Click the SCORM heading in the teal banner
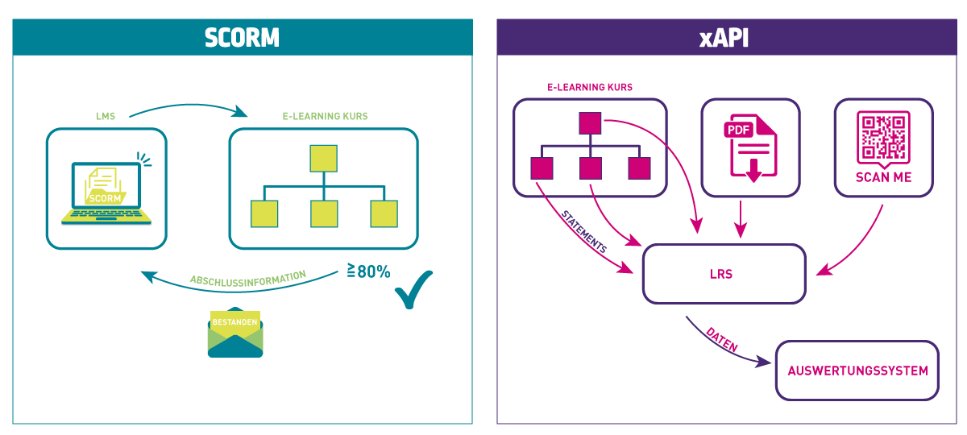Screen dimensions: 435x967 click(242, 37)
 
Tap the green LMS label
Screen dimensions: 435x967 click(106, 116)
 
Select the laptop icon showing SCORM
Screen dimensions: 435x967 click(106, 192)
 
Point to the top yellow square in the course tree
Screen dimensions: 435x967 click(323, 157)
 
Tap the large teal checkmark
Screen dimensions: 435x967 click(414, 289)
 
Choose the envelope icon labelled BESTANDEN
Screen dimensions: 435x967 click(235, 333)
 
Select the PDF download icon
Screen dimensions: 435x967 click(750, 147)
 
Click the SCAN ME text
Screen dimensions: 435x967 click(884, 177)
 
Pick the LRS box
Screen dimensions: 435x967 click(724, 274)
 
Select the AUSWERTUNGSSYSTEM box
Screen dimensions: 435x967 click(857, 371)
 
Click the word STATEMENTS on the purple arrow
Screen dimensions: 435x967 click(584, 233)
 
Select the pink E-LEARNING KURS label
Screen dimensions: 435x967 click(590, 87)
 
